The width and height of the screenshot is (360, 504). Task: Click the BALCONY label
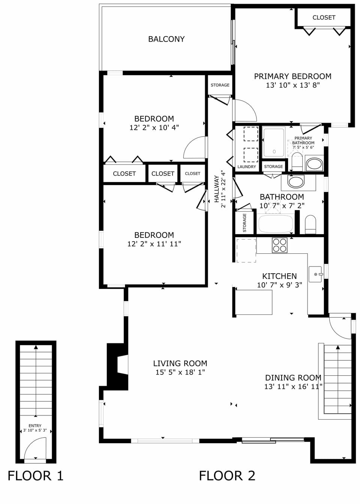pyautogui.click(x=166, y=39)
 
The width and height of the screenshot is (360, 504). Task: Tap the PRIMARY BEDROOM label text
pyautogui.click(x=292, y=76)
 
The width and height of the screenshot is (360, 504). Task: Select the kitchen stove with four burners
pyautogui.click(x=279, y=245)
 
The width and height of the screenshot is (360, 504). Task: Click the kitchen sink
pyautogui.click(x=315, y=274)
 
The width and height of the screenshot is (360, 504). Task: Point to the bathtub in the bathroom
pyautogui.click(x=276, y=224)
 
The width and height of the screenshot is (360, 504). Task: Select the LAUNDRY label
pyautogui.click(x=247, y=167)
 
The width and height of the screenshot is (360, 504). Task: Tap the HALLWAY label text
pyautogui.click(x=217, y=189)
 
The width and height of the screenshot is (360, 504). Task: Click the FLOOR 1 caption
pyautogui.click(x=36, y=476)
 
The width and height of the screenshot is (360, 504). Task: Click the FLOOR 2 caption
pyautogui.click(x=227, y=476)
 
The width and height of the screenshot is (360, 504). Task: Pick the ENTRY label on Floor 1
pyautogui.click(x=35, y=426)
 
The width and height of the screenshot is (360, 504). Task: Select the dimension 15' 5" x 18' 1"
pyautogui.click(x=180, y=372)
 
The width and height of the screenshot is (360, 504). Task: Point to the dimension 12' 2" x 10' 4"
pyautogui.click(x=154, y=128)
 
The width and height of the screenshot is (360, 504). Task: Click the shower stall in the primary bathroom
pyautogui.click(x=274, y=142)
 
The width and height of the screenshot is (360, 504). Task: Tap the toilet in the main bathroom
pyautogui.click(x=310, y=224)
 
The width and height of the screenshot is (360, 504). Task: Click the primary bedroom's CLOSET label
pyautogui.click(x=324, y=18)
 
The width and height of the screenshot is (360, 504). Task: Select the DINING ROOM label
pyautogui.click(x=293, y=378)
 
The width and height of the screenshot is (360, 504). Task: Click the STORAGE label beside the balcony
pyautogui.click(x=220, y=85)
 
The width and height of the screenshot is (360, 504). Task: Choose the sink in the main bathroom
pyautogui.click(x=296, y=182)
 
